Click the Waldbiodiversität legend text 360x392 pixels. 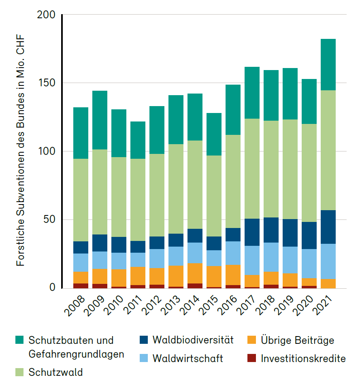tap(193, 340)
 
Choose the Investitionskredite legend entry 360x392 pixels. tap(303, 358)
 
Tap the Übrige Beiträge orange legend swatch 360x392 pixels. tap(253, 340)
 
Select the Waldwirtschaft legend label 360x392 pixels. tap(187, 358)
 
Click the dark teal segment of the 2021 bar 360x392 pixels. tap(328, 65)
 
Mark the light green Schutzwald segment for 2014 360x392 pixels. tap(195, 185)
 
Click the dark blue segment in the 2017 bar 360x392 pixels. tap(252, 232)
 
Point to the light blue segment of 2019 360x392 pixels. tap(290, 260)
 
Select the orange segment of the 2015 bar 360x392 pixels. tap(214, 277)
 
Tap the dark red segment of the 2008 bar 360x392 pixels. tap(81, 286)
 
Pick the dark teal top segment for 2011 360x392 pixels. tap(138, 140)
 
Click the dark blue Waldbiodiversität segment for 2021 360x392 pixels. tap(328, 227)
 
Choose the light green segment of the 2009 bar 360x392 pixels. tap(100, 192)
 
